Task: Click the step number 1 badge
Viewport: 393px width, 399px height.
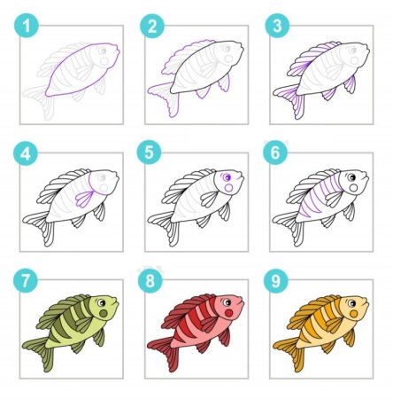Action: [x=27, y=25]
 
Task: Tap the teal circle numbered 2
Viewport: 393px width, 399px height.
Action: [x=152, y=26]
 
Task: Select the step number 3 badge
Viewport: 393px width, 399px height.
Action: [x=277, y=26]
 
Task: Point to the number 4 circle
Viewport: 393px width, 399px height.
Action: [x=26, y=153]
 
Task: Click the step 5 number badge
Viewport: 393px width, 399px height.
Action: [x=149, y=153]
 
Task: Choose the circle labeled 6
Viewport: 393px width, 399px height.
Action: [x=275, y=153]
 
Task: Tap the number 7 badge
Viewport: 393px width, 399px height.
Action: [x=26, y=280]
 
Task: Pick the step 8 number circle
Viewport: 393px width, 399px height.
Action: [x=150, y=280]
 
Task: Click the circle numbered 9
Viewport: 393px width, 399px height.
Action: [x=276, y=280]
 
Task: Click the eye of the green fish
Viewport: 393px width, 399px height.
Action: [x=102, y=303]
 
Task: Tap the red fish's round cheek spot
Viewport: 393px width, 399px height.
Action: [x=229, y=313]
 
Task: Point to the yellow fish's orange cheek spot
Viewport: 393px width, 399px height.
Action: [x=354, y=314]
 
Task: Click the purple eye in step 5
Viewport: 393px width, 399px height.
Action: [x=227, y=177]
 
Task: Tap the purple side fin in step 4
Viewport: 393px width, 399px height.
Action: [x=85, y=199]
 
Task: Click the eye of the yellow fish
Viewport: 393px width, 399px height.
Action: [x=351, y=303]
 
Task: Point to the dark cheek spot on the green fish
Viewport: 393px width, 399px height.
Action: [x=104, y=313]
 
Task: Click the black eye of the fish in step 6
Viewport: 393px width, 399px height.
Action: [x=351, y=177]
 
